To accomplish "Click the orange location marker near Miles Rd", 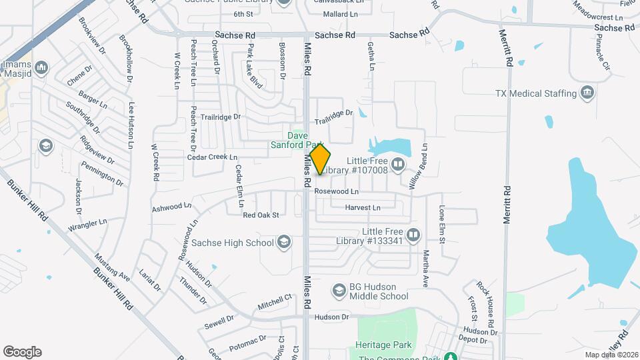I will click(320, 159).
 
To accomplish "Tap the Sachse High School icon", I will click(284, 242).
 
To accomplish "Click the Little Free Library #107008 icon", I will click(398, 163).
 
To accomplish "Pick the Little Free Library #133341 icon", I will click(413, 235).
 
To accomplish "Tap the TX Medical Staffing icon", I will click(587, 92).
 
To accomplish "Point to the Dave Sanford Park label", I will click(297, 139).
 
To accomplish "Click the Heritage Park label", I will click(385, 345).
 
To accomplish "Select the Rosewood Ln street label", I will click(336, 191).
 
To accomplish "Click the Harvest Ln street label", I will click(362, 208).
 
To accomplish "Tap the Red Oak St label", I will click(260, 215).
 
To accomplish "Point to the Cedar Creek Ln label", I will click(212, 157).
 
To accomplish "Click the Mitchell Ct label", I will click(275, 301).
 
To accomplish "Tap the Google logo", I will click(22, 352).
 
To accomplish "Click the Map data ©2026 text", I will click(609, 354).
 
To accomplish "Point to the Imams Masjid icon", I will click(41, 67).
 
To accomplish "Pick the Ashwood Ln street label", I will click(167, 207).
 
